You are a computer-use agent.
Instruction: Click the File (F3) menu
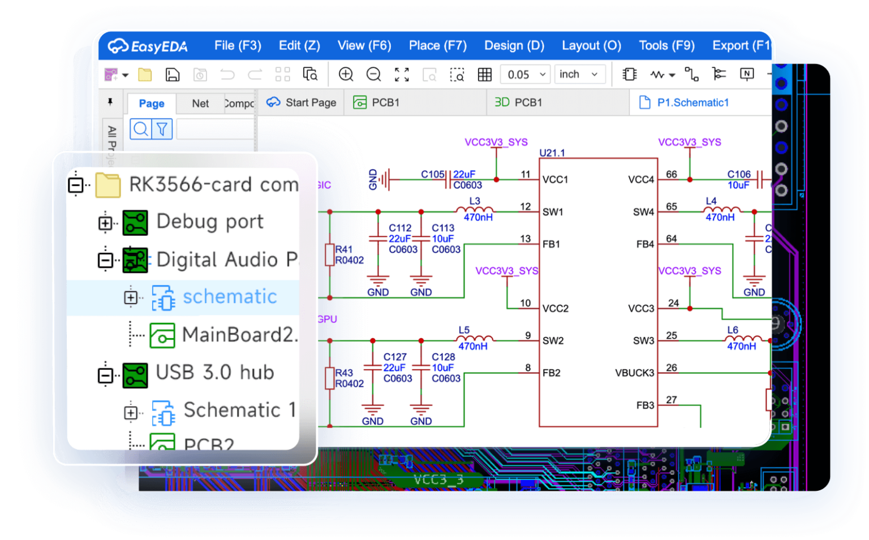pos(237,46)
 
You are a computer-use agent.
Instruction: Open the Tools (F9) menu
pos(666,46)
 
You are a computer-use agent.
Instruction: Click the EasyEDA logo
pos(148,46)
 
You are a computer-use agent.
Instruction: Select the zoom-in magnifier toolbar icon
pos(346,74)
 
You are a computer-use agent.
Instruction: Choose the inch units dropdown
pos(579,75)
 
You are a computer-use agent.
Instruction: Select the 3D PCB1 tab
pos(518,102)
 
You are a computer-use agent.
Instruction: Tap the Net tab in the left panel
pos(200,103)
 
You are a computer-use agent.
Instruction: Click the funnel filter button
pos(162,129)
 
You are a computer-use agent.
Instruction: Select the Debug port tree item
pos(209,222)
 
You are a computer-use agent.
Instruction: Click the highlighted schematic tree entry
pos(229,297)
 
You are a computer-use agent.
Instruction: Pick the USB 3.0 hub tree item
pos(214,373)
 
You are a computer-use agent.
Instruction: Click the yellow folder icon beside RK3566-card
pos(108,185)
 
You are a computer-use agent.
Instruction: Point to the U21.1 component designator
pos(552,153)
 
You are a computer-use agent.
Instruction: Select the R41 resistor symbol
pos(330,254)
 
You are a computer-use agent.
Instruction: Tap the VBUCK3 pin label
pos(634,373)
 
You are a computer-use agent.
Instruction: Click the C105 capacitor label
pos(432,174)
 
